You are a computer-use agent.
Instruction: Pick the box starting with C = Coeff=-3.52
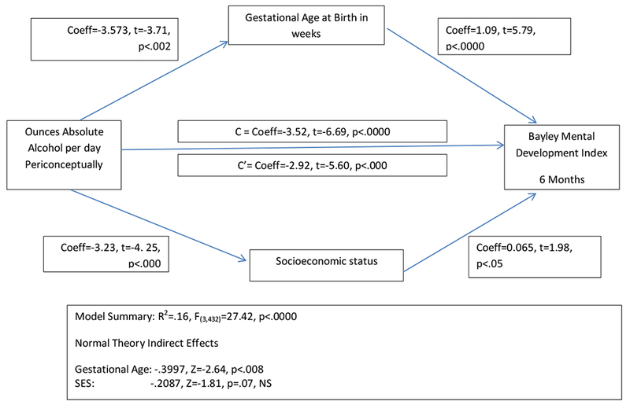[313, 131]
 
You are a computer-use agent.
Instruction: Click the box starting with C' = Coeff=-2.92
[313, 166]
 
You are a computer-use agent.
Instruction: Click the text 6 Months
[561, 179]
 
